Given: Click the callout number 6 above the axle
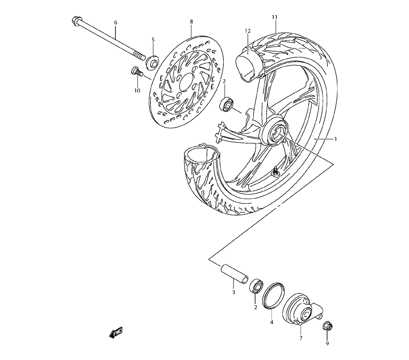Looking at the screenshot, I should tap(115, 22).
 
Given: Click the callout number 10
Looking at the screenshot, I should tap(137, 90).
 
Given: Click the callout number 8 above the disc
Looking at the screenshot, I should tap(191, 21).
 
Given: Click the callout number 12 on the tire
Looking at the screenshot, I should tap(247, 31).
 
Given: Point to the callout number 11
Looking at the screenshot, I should tap(274, 17).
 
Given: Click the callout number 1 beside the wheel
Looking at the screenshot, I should tap(335, 139).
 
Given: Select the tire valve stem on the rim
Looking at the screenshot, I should tap(275, 172).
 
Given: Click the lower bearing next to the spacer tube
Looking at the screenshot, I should tap(256, 285).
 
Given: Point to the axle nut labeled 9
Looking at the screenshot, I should tap(328, 326).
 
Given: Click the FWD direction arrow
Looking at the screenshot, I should tap(116, 332).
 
